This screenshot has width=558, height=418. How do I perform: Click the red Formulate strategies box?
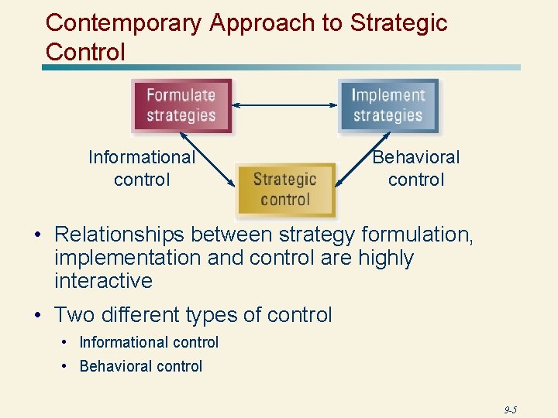[x=181, y=106]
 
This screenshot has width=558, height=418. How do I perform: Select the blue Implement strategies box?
[x=387, y=106]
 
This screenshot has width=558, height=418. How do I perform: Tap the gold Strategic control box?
[x=285, y=190]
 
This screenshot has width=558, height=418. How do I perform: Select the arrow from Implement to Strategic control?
[x=364, y=158]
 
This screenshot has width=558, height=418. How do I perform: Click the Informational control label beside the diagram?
[x=141, y=168]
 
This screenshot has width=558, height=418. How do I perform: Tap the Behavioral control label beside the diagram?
[x=416, y=168]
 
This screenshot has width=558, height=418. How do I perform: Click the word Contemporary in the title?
[x=125, y=23]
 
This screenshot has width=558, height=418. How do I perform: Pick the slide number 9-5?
[x=510, y=409]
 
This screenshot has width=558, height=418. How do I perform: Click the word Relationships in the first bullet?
[x=120, y=234]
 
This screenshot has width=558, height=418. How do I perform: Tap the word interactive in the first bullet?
[x=103, y=280]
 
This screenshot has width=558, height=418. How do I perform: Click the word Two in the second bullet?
[x=72, y=315]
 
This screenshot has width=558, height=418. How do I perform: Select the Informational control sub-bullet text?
[x=149, y=342]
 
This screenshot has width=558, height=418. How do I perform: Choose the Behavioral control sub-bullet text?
[x=140, y=366]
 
